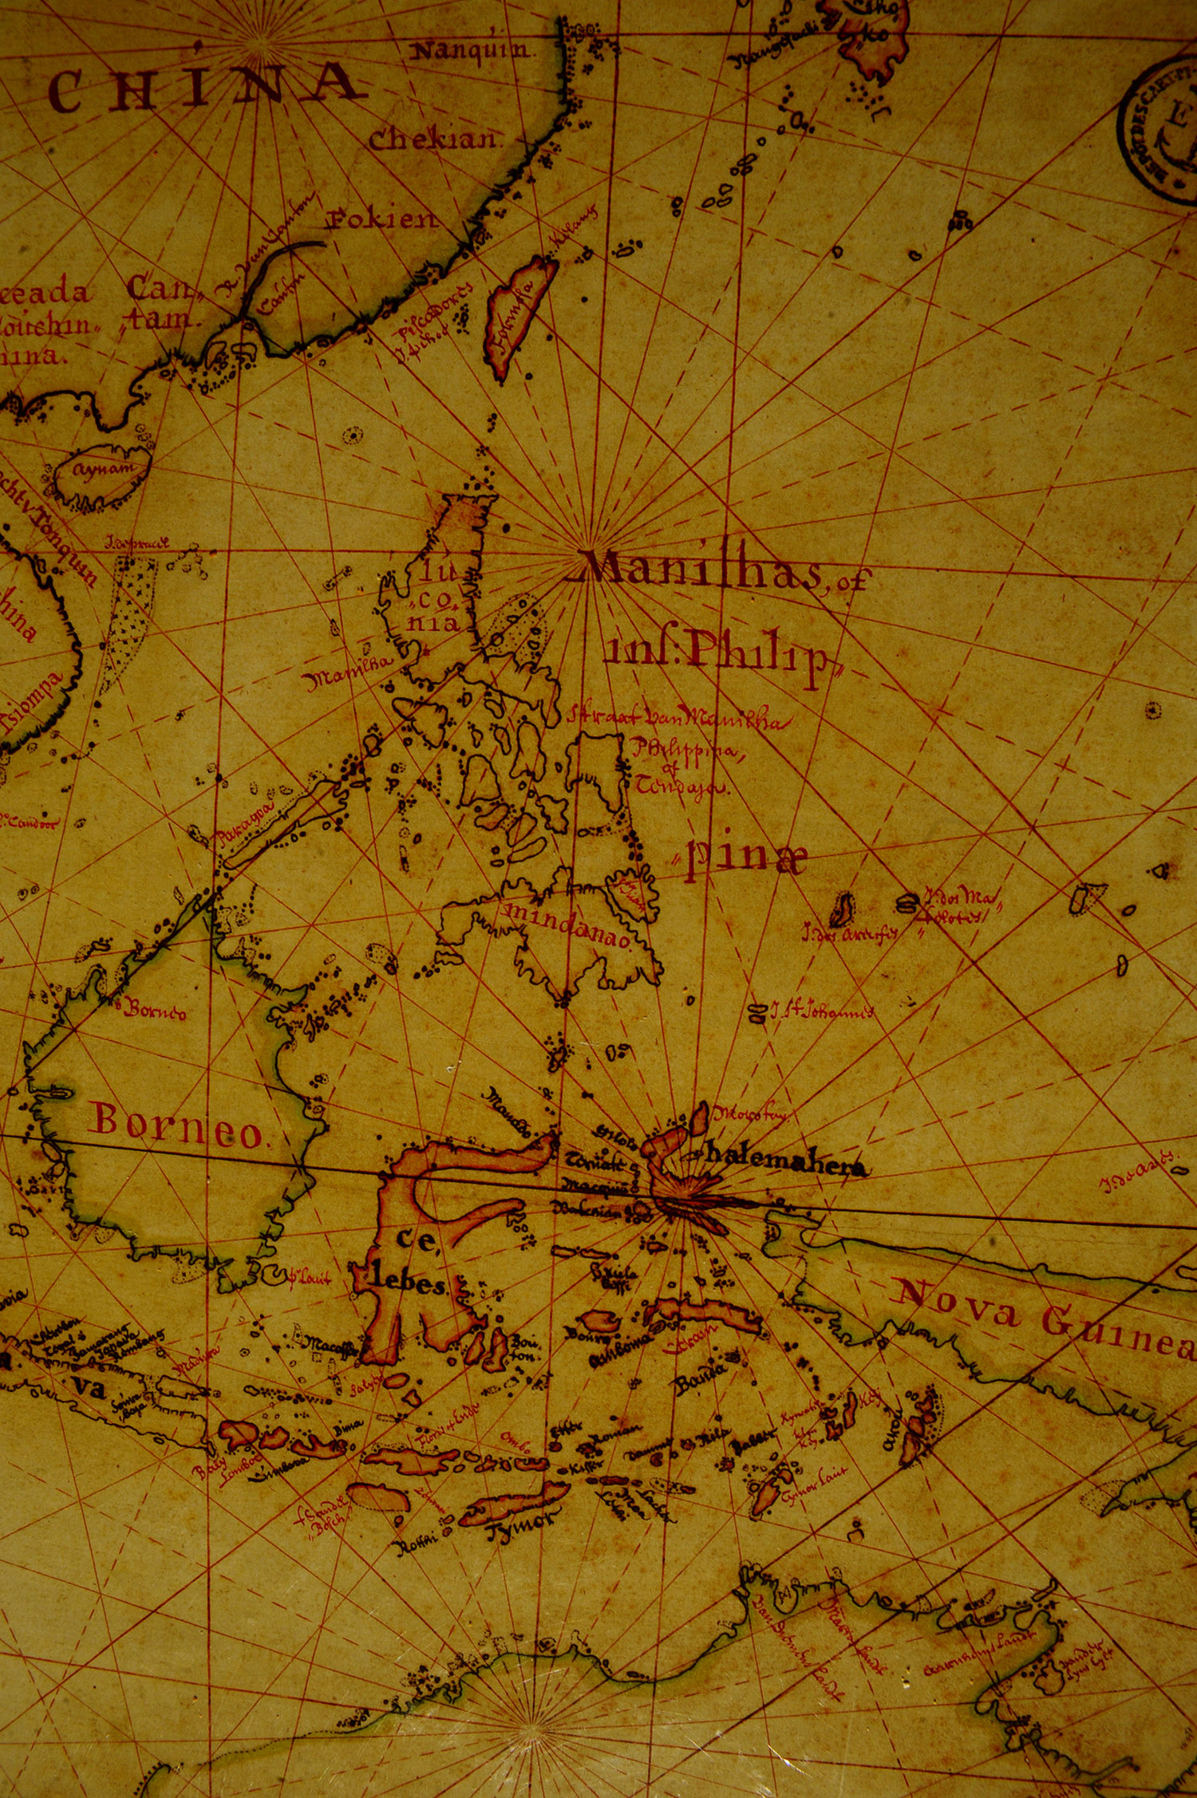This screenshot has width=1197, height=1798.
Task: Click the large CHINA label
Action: tap(203, 88)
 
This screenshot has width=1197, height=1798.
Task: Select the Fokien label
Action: tap(383, 219)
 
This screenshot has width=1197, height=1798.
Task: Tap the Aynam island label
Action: tap(104, 469)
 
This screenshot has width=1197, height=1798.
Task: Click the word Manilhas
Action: tap(702, 570)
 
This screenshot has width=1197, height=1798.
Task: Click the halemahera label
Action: tap(786, 1165)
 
